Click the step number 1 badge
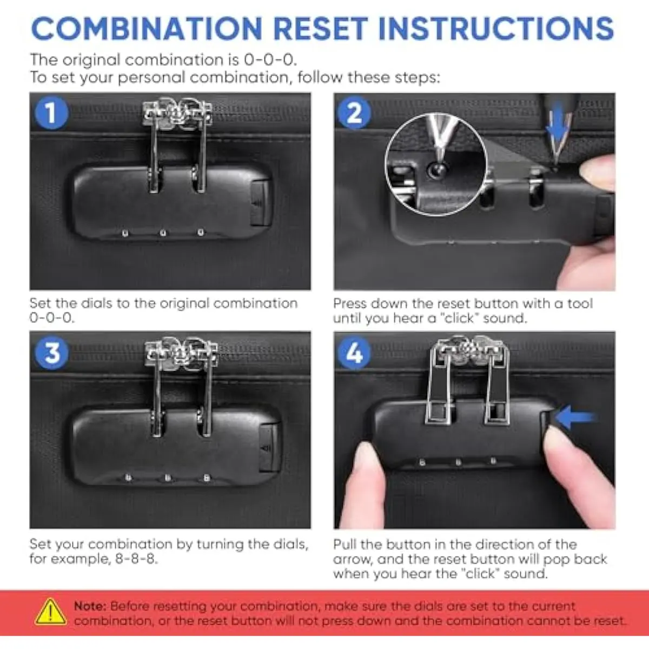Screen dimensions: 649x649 tap(51, 113)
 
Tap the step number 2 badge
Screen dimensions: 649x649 tap(354, 113)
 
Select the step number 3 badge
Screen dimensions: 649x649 tap(52, 353)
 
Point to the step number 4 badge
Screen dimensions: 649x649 tap(354, 353)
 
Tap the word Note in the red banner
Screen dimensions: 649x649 tap(90, 606)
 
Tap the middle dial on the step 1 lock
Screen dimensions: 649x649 tap(163, 233)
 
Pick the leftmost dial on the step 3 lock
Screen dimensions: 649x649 tap(128, 477)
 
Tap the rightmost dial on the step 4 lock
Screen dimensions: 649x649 tap(493, 461)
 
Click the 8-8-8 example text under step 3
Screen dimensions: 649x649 tap(136, 559)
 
